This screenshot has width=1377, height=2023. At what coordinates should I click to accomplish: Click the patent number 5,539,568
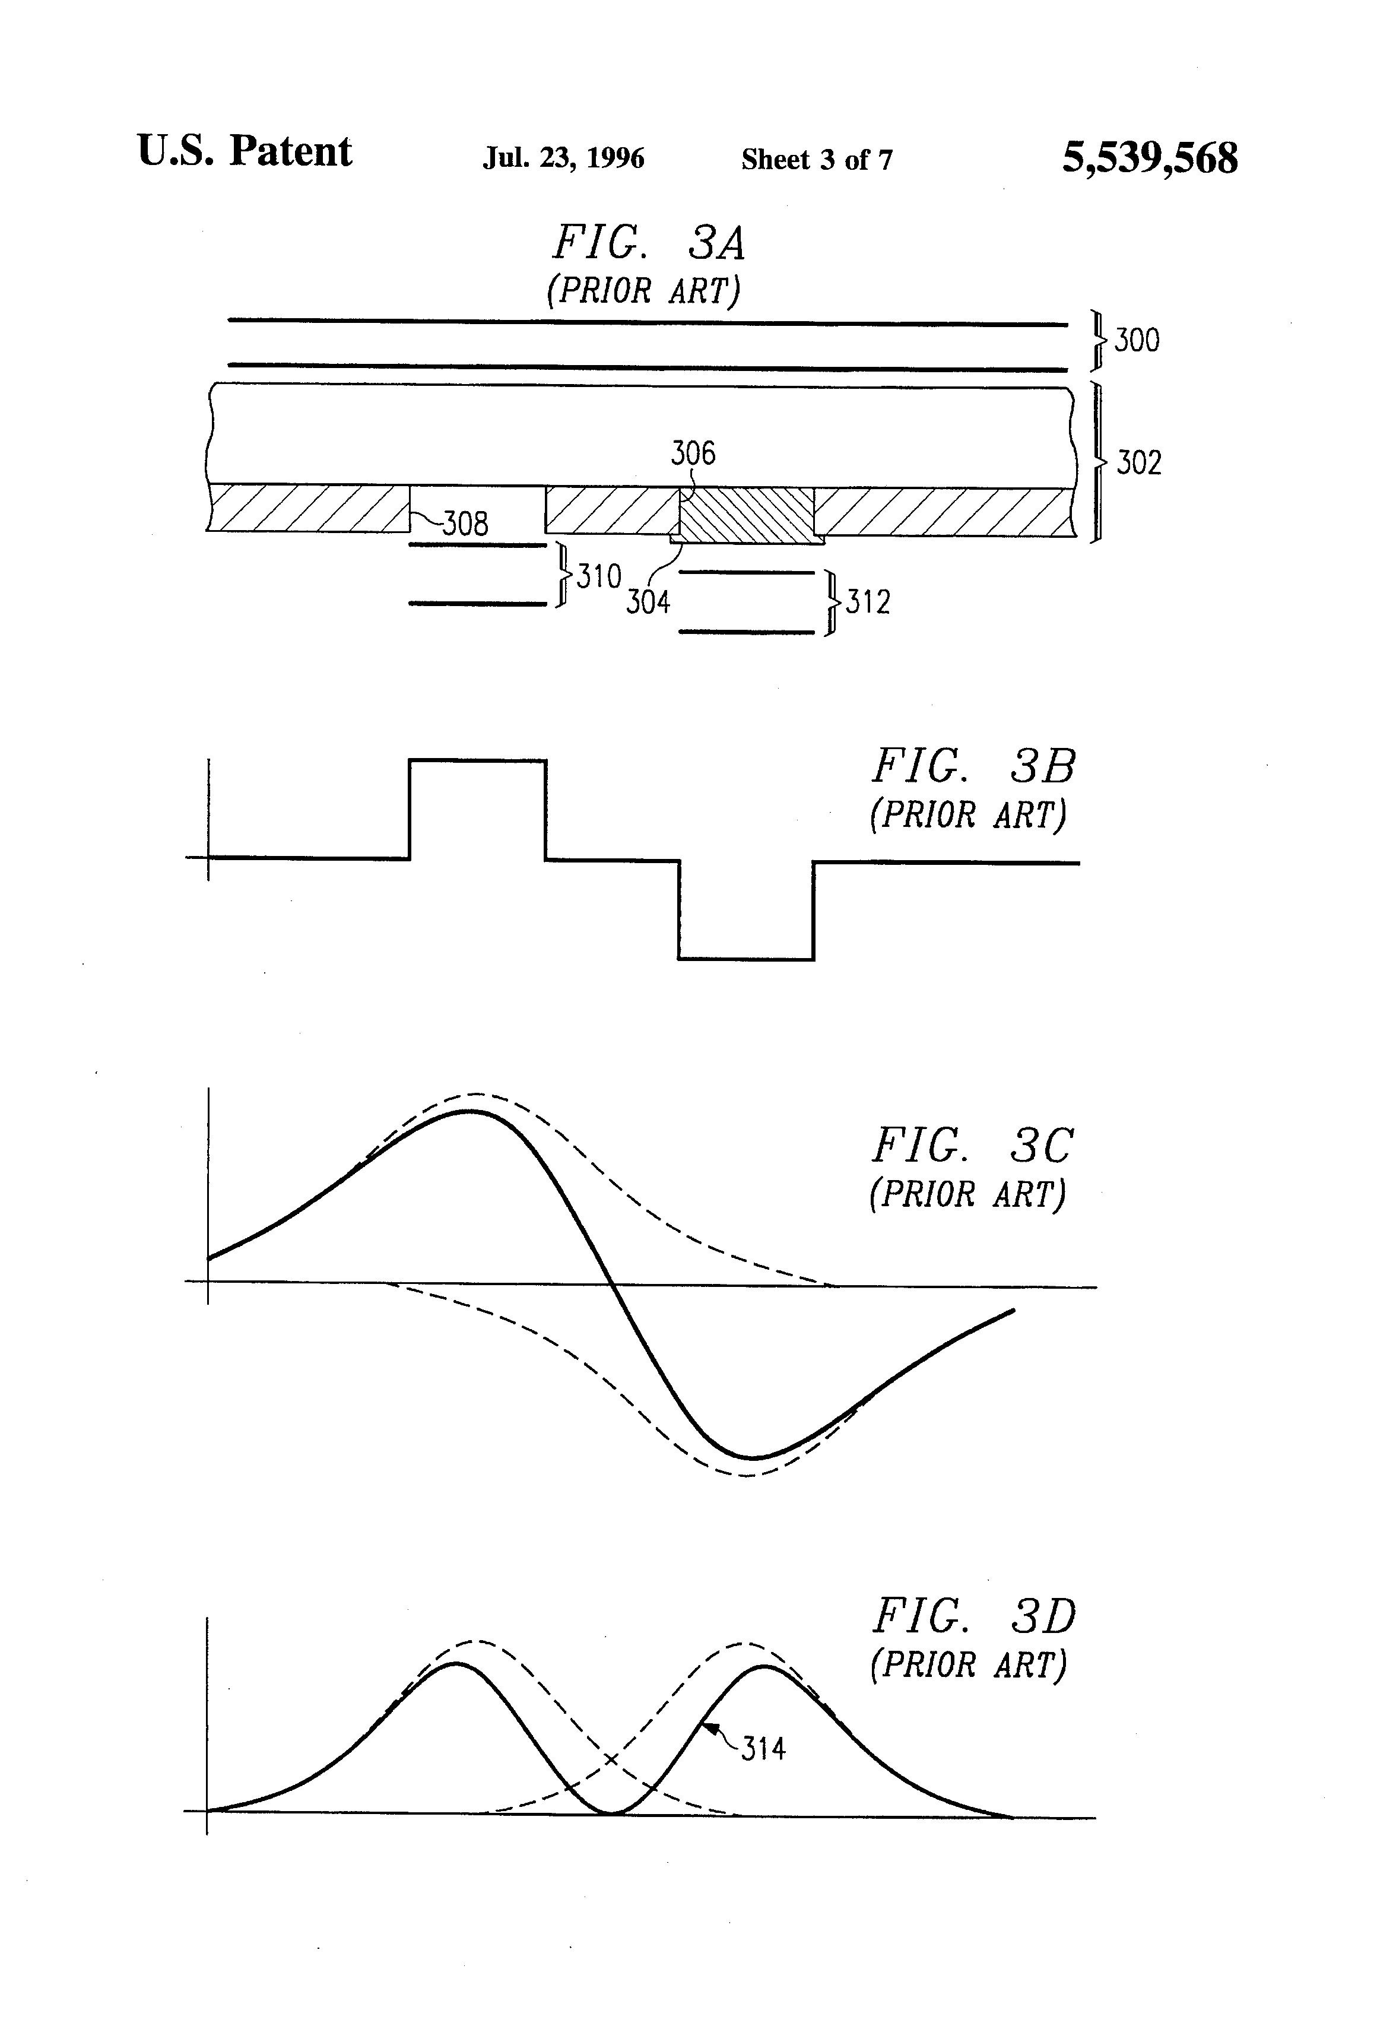tap(1149, 158)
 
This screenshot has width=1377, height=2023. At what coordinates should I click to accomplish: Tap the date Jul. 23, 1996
tap(563, 158)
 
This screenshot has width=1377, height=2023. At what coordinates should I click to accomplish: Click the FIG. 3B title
tap(973, 767)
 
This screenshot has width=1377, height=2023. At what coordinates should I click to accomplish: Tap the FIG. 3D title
tap(973, 1616)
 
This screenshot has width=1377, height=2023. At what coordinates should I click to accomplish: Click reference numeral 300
tap(1137, 340)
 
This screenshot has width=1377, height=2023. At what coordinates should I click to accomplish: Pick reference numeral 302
tap(1138, 463)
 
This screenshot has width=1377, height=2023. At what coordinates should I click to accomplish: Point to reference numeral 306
tap(693, 454)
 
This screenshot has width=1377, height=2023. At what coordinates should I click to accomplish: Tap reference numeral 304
tap(648, 603)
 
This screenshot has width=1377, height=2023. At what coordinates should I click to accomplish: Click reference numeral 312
tap(868, 603)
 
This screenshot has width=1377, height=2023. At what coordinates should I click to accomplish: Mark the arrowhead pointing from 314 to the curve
tap(709, 1729)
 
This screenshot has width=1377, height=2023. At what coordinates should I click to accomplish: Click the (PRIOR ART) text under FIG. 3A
tap(643, 291)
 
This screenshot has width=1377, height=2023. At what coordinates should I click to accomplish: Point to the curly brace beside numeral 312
tap(833, 603)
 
